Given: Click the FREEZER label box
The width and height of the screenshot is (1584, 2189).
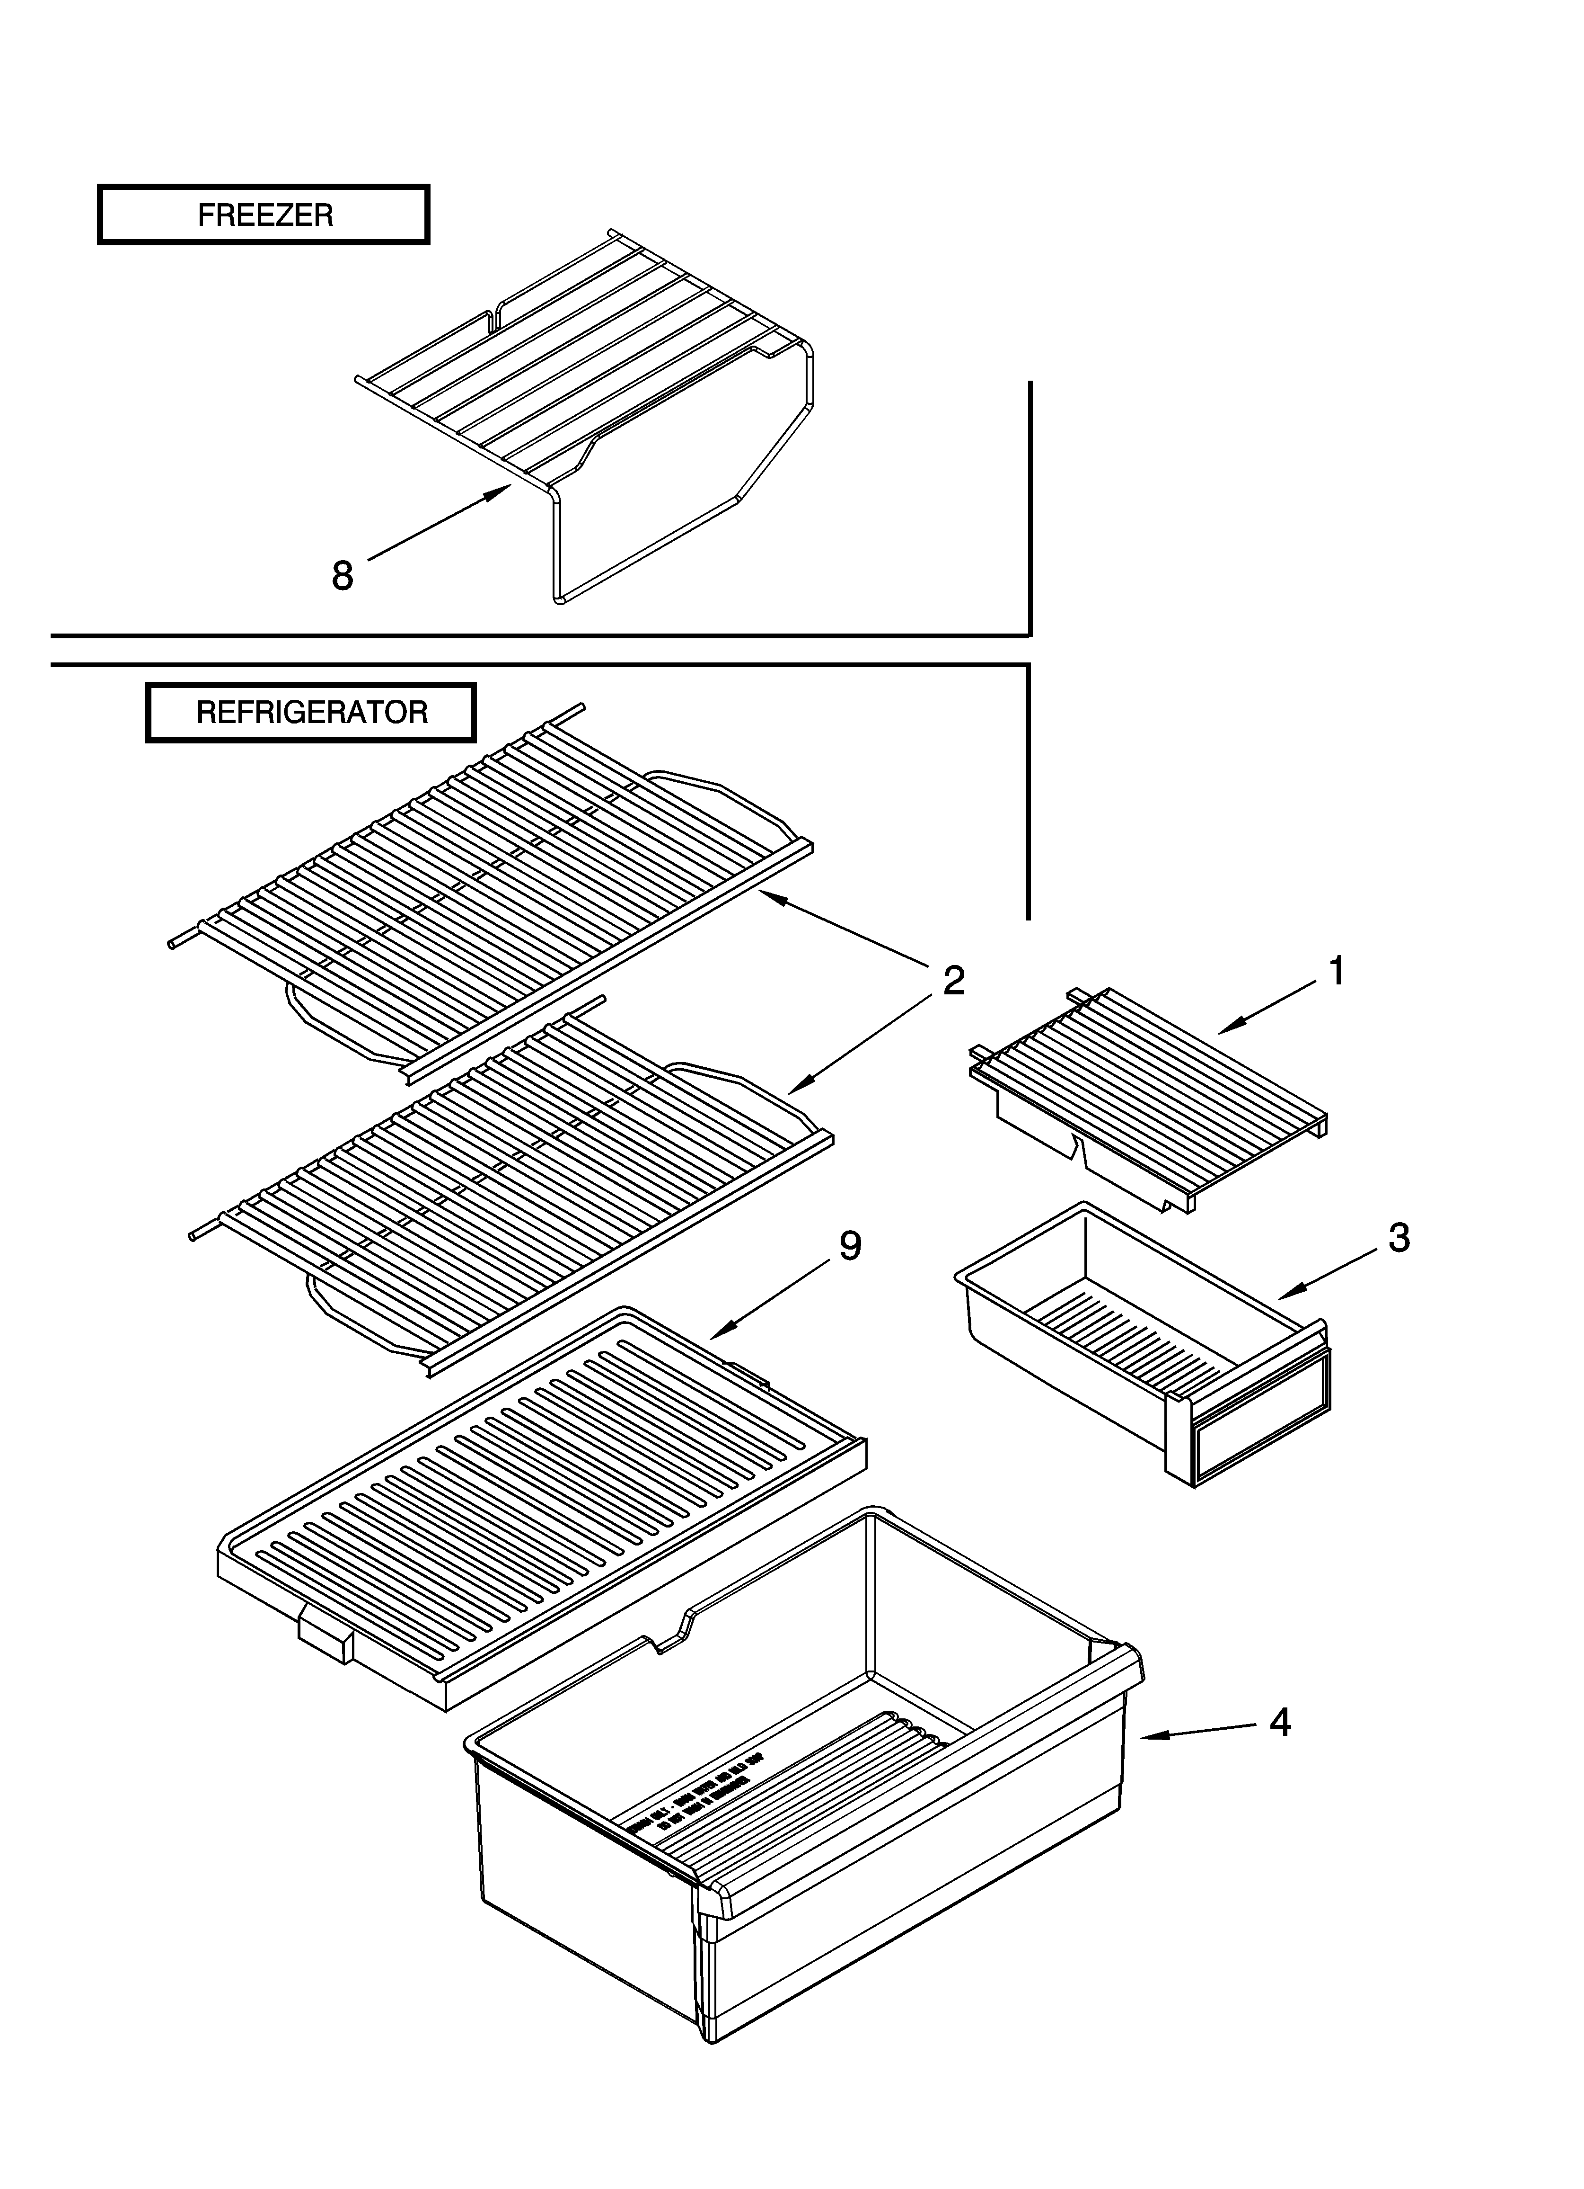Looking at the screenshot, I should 264,214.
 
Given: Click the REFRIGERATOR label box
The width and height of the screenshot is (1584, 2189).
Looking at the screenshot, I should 311,712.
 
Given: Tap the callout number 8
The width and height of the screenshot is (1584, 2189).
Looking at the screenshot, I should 343,576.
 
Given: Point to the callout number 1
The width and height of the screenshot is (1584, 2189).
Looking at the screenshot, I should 1336,971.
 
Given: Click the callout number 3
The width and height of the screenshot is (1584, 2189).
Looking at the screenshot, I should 1399,1237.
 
